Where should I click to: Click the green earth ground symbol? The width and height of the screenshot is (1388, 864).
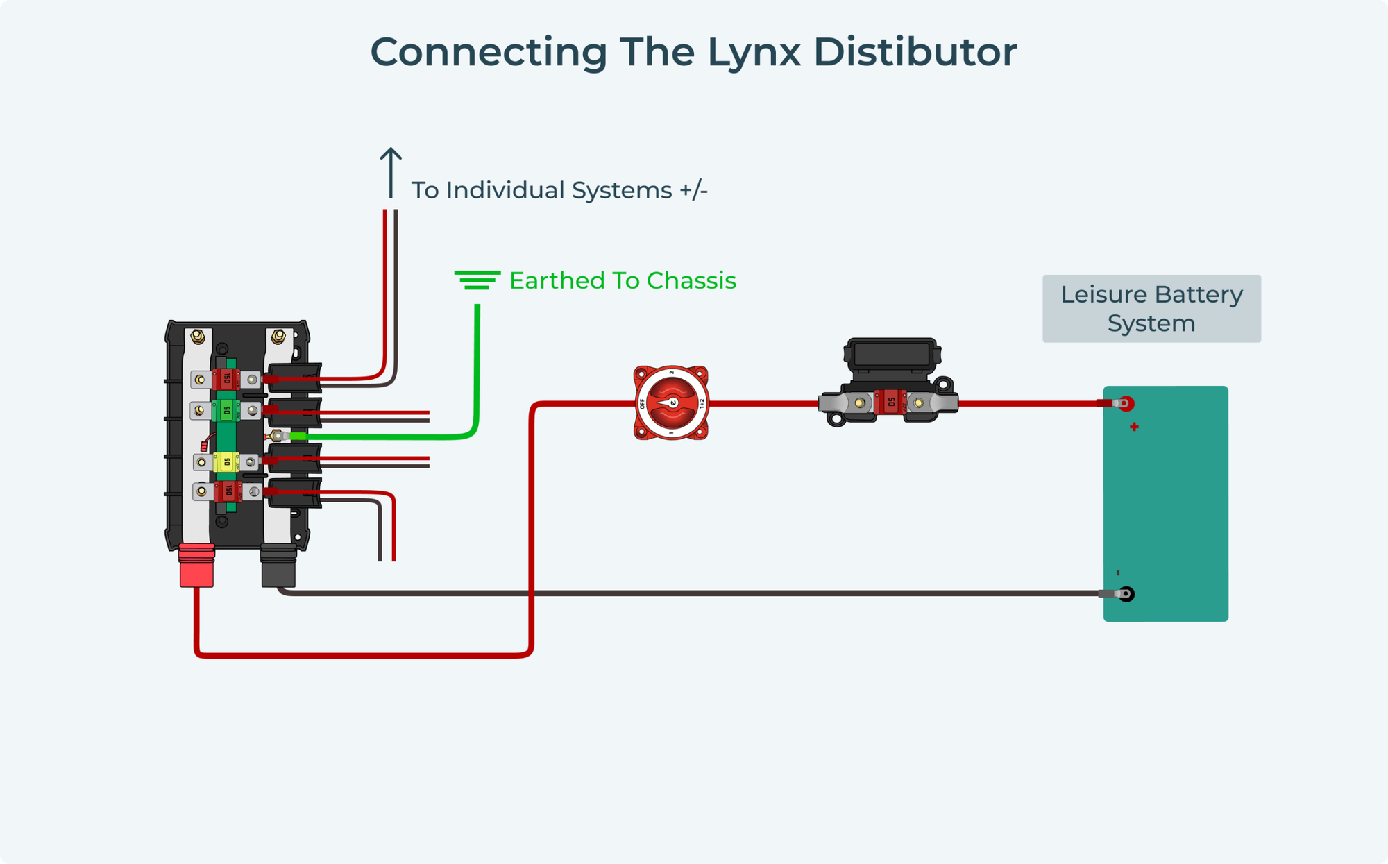coord(477,280)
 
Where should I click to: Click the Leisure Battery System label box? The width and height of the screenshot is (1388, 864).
coord(1151,308)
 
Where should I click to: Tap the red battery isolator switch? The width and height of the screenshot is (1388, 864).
coord(671,403)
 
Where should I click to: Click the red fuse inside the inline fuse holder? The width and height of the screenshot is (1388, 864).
coord(891,402)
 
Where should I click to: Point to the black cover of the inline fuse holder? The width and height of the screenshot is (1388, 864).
coord(892,354)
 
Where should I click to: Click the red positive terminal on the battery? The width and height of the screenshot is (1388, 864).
coord(1126,403)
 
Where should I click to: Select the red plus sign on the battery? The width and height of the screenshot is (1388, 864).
coord(1134,427)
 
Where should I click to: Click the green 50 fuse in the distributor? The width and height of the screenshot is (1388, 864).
coord(226,410)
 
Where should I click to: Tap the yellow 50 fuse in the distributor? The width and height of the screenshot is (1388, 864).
coord(226,461)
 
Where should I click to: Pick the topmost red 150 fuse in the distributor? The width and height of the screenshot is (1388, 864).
coord(226,379)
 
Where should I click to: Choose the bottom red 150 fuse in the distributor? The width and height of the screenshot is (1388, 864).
coord(228,491)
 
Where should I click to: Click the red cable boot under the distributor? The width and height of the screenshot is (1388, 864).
coord(197,566)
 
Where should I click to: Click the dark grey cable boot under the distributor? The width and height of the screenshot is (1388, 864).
coord(278,566)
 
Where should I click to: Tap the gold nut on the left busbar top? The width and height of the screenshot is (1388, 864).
coord(197,337)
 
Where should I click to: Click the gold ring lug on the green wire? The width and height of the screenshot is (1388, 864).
coord(278,436)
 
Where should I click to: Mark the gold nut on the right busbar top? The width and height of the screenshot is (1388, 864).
coord(278,337)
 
